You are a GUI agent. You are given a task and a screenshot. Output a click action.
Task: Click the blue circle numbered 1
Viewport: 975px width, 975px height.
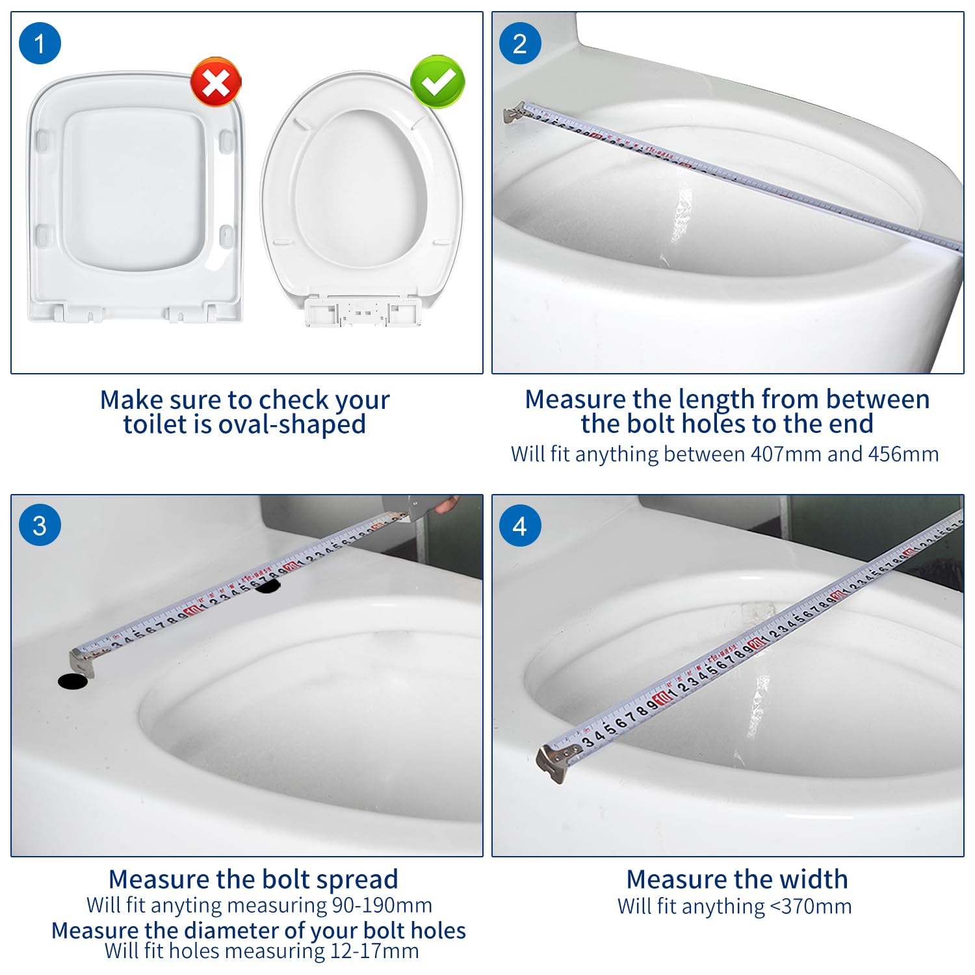click(40, 44)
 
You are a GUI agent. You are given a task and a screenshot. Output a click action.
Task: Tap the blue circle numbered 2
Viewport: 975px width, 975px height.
click(519, 44)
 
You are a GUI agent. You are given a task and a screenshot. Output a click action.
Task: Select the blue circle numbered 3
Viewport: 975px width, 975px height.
click(40, 525)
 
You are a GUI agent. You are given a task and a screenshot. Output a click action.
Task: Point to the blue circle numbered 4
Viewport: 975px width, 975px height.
click(519, 525)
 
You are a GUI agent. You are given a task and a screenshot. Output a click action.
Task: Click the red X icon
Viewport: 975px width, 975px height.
click(216, 82)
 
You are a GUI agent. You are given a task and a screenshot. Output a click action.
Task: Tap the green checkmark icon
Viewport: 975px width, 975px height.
click(438, 81)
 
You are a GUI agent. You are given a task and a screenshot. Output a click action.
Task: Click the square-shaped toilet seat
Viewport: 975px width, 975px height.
click(135, 197)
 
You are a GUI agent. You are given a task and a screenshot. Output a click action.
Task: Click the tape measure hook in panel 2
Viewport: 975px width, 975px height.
click(515, 112)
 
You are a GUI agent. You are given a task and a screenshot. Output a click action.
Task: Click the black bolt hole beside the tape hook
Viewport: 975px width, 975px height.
click(73, 681)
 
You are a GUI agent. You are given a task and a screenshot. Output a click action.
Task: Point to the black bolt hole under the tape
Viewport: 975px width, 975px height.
click(267, 586)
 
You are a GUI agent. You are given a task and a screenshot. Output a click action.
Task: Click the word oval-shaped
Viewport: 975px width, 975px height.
click(292, 424)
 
